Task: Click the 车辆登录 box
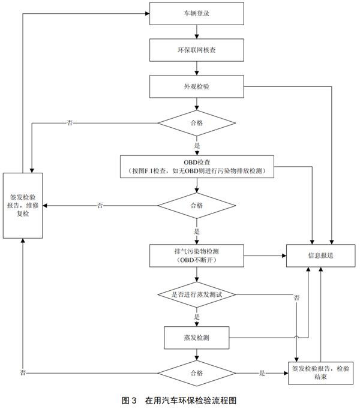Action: pyautogui.click(x=197, y=13)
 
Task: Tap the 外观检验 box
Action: pyautogui.click(x=197, y=86)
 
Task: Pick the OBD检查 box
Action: pyautogui.click(x=197, y=166)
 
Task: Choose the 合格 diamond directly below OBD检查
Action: pyautogui.click(x=197, y=205)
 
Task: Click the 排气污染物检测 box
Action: pyautogui.click(x=197, y=254)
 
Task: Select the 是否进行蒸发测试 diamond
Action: pyautogui.click(x=197, y=294)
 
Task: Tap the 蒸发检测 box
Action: pyautogui.click(x=197, y=337)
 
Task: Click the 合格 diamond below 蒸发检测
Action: pyautogui.click(x=197, y=372)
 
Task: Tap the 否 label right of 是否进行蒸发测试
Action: pyautogui.click(x=297, y=297)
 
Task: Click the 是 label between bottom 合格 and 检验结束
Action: pyautogui.click(x=262, y=373)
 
